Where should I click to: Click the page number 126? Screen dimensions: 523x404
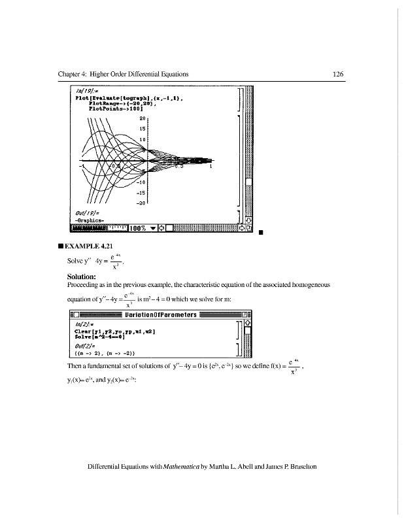tap(337, 75)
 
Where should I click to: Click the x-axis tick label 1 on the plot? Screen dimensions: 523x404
tap(211, 167)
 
